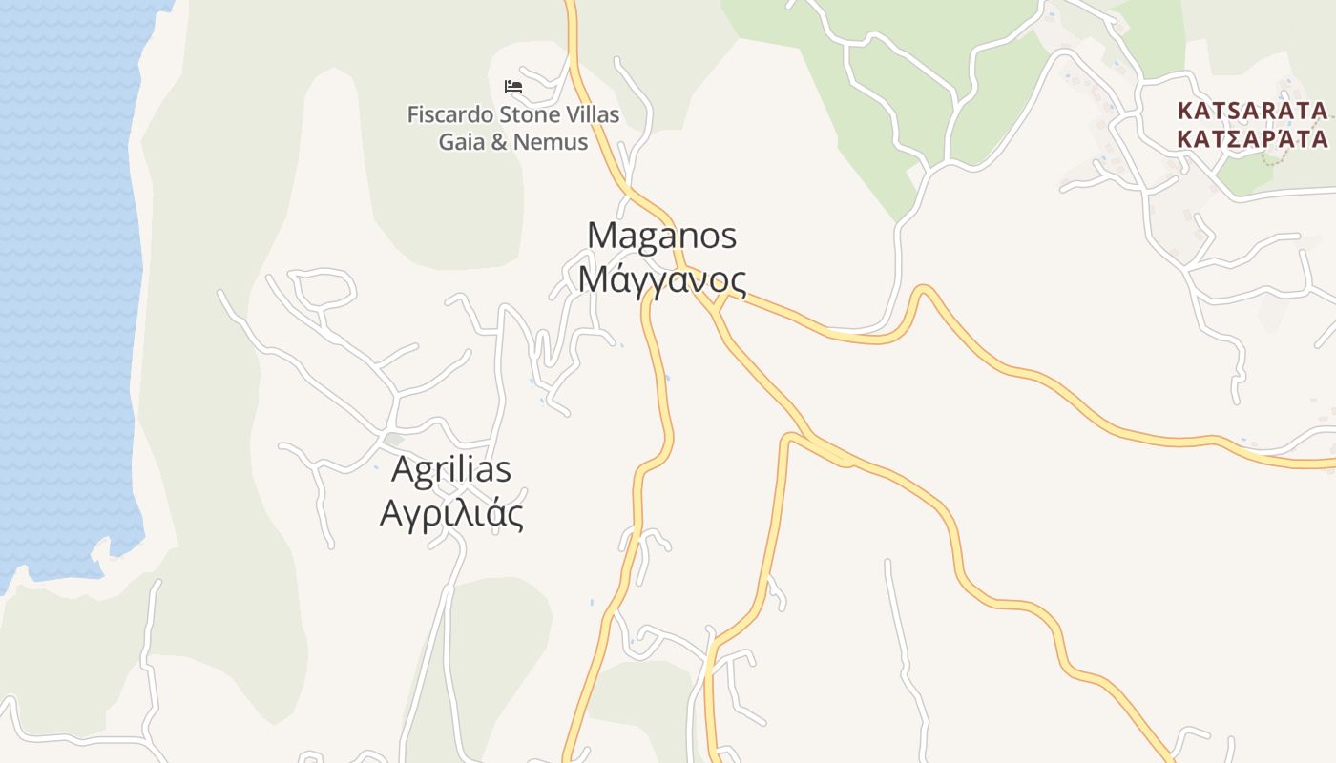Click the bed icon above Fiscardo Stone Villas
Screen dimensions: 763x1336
coord(513,87)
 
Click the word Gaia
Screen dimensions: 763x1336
coord(460,142)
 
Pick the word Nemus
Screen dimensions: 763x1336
coord(551,142)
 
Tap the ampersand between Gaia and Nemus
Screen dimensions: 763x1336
coord(501,142)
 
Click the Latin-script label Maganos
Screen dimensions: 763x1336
coord(662,235)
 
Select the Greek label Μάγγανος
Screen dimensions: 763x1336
coord(661,279)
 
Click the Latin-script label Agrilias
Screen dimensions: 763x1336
coord(451,469)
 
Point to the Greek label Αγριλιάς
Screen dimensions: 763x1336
coord(451,514)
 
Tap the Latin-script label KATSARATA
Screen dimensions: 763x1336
coord(1252,111)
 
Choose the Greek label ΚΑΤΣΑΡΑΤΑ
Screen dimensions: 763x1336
coord(1252,139)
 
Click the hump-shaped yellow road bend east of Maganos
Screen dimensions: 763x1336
coord(922,290)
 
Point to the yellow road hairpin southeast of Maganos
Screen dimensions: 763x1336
coord(788,440)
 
